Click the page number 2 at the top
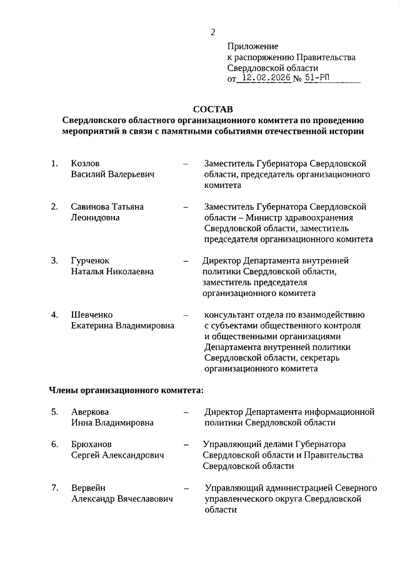(212, 32)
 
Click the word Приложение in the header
(252, 46)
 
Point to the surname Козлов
(86, 164)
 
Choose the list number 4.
(54, 314)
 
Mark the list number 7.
(54, 488)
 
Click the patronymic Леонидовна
(96, 217)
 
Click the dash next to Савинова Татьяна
(186, 207)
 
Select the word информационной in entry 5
(338, 411)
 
